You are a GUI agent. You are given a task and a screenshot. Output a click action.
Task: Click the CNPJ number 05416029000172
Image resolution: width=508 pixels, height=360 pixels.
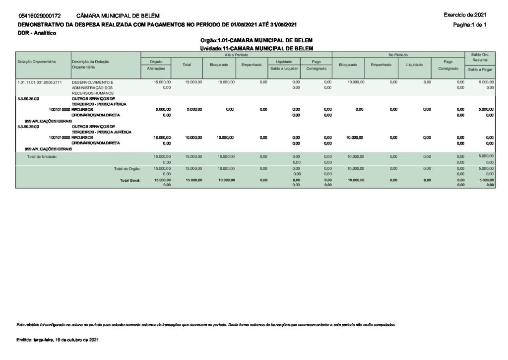coord(39,16)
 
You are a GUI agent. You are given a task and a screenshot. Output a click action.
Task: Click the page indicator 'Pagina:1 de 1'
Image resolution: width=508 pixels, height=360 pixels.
coord(470,24)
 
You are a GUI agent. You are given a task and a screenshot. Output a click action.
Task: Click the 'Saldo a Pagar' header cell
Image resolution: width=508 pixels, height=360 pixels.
coord(480,70)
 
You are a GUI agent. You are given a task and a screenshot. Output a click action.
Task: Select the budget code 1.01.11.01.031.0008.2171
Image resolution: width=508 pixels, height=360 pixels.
coord(39,82)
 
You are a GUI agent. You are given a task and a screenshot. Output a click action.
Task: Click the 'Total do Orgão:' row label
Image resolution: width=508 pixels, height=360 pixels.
coord(127,169)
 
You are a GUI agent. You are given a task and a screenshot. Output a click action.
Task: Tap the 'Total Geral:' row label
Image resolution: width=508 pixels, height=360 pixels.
coord(130,180)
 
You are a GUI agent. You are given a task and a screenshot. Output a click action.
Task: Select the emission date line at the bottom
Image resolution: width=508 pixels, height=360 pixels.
coord(58,340)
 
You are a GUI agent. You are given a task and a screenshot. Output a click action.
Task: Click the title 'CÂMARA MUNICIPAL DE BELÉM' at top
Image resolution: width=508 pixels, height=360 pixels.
coord(118,16)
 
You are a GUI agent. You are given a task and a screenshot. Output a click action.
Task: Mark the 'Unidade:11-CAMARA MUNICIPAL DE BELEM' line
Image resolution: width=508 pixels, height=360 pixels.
coord(256,48)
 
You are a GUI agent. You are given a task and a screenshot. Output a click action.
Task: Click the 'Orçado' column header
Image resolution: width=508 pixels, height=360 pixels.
coord(156,61)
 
